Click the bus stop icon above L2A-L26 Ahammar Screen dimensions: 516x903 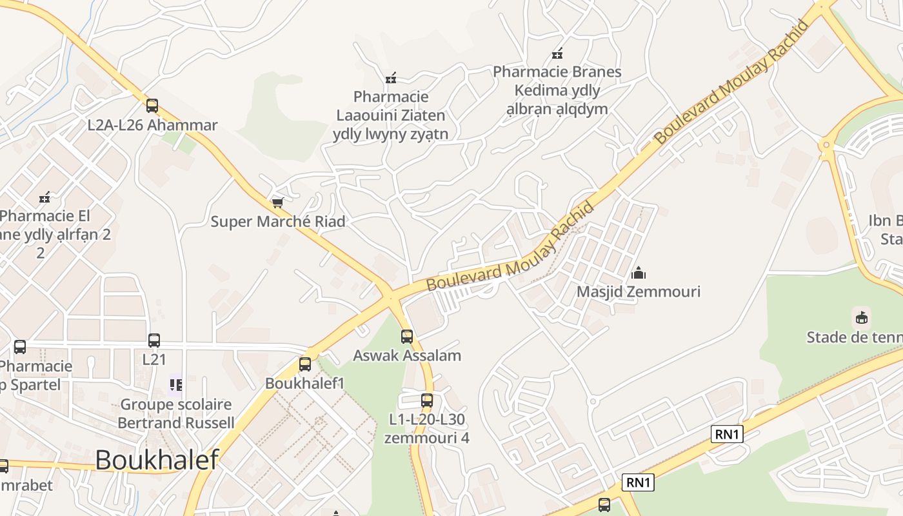tap(152, 106)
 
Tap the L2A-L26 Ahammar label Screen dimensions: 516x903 tap(152, 125)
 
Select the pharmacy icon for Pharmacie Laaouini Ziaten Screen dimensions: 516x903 tap(390, 79)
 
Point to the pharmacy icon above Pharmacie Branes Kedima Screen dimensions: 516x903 tap(557, 54)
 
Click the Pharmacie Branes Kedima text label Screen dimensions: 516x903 tap(557, 90)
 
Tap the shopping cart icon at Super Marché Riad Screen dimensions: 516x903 tap(278, 203)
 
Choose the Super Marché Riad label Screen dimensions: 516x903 tap(278, 221)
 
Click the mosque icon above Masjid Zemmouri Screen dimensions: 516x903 tap(639, 273)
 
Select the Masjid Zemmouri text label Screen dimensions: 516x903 tap(639, 292)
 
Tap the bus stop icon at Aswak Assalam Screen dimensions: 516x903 tap(407, 336)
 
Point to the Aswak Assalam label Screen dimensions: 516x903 tap(407, 355)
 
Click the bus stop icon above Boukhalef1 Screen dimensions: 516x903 tap(305, 364)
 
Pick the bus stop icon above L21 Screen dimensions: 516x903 tap(154, 341)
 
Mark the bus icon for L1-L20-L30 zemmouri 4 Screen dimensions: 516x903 tap(427, 401)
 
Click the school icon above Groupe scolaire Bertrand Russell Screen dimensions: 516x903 tap(175, 386)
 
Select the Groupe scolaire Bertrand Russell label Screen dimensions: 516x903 tap(176, 413)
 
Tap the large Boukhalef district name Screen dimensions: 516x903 tap(157, 460)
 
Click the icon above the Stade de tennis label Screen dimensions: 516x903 tap(861, 317)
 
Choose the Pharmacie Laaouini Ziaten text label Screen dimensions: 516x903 tap(391, 115)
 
